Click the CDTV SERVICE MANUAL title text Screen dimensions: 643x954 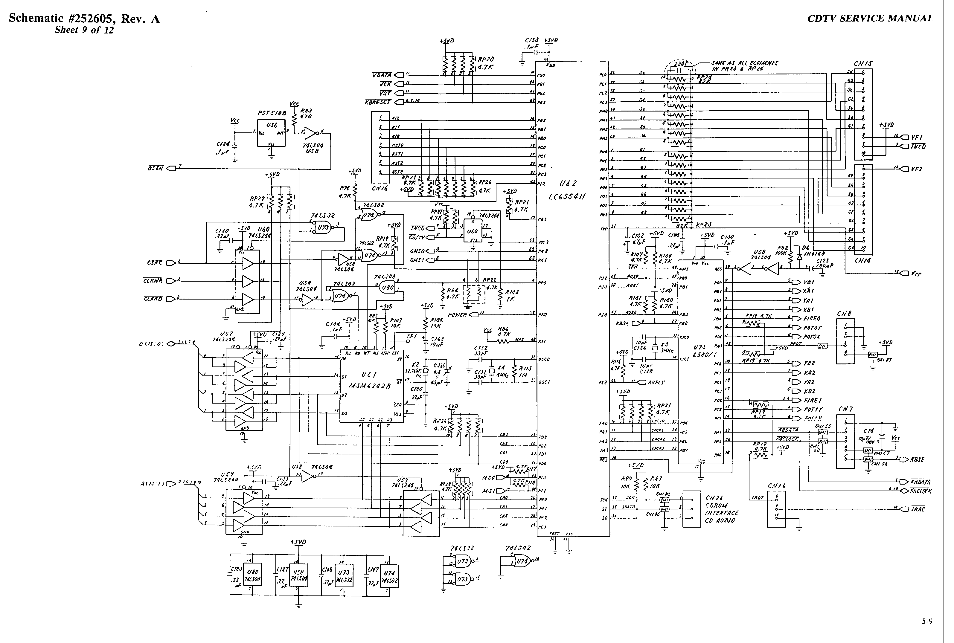click(x=869, y=19)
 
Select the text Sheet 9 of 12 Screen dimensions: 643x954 click(x=84, y=30)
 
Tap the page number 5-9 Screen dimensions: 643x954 click(x=927, y=621)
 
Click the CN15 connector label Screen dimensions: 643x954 click(x=863, y=64)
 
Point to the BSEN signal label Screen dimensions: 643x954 click(x=156, y=168)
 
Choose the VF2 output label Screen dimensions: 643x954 click(x=917, y=169)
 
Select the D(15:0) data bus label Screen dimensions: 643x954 click(x=151, y=344)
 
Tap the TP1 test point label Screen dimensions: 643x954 click(x=411, y=336)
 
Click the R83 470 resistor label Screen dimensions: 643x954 click(x=306, y=114)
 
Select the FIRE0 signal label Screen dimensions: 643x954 click(x=812, y=319)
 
